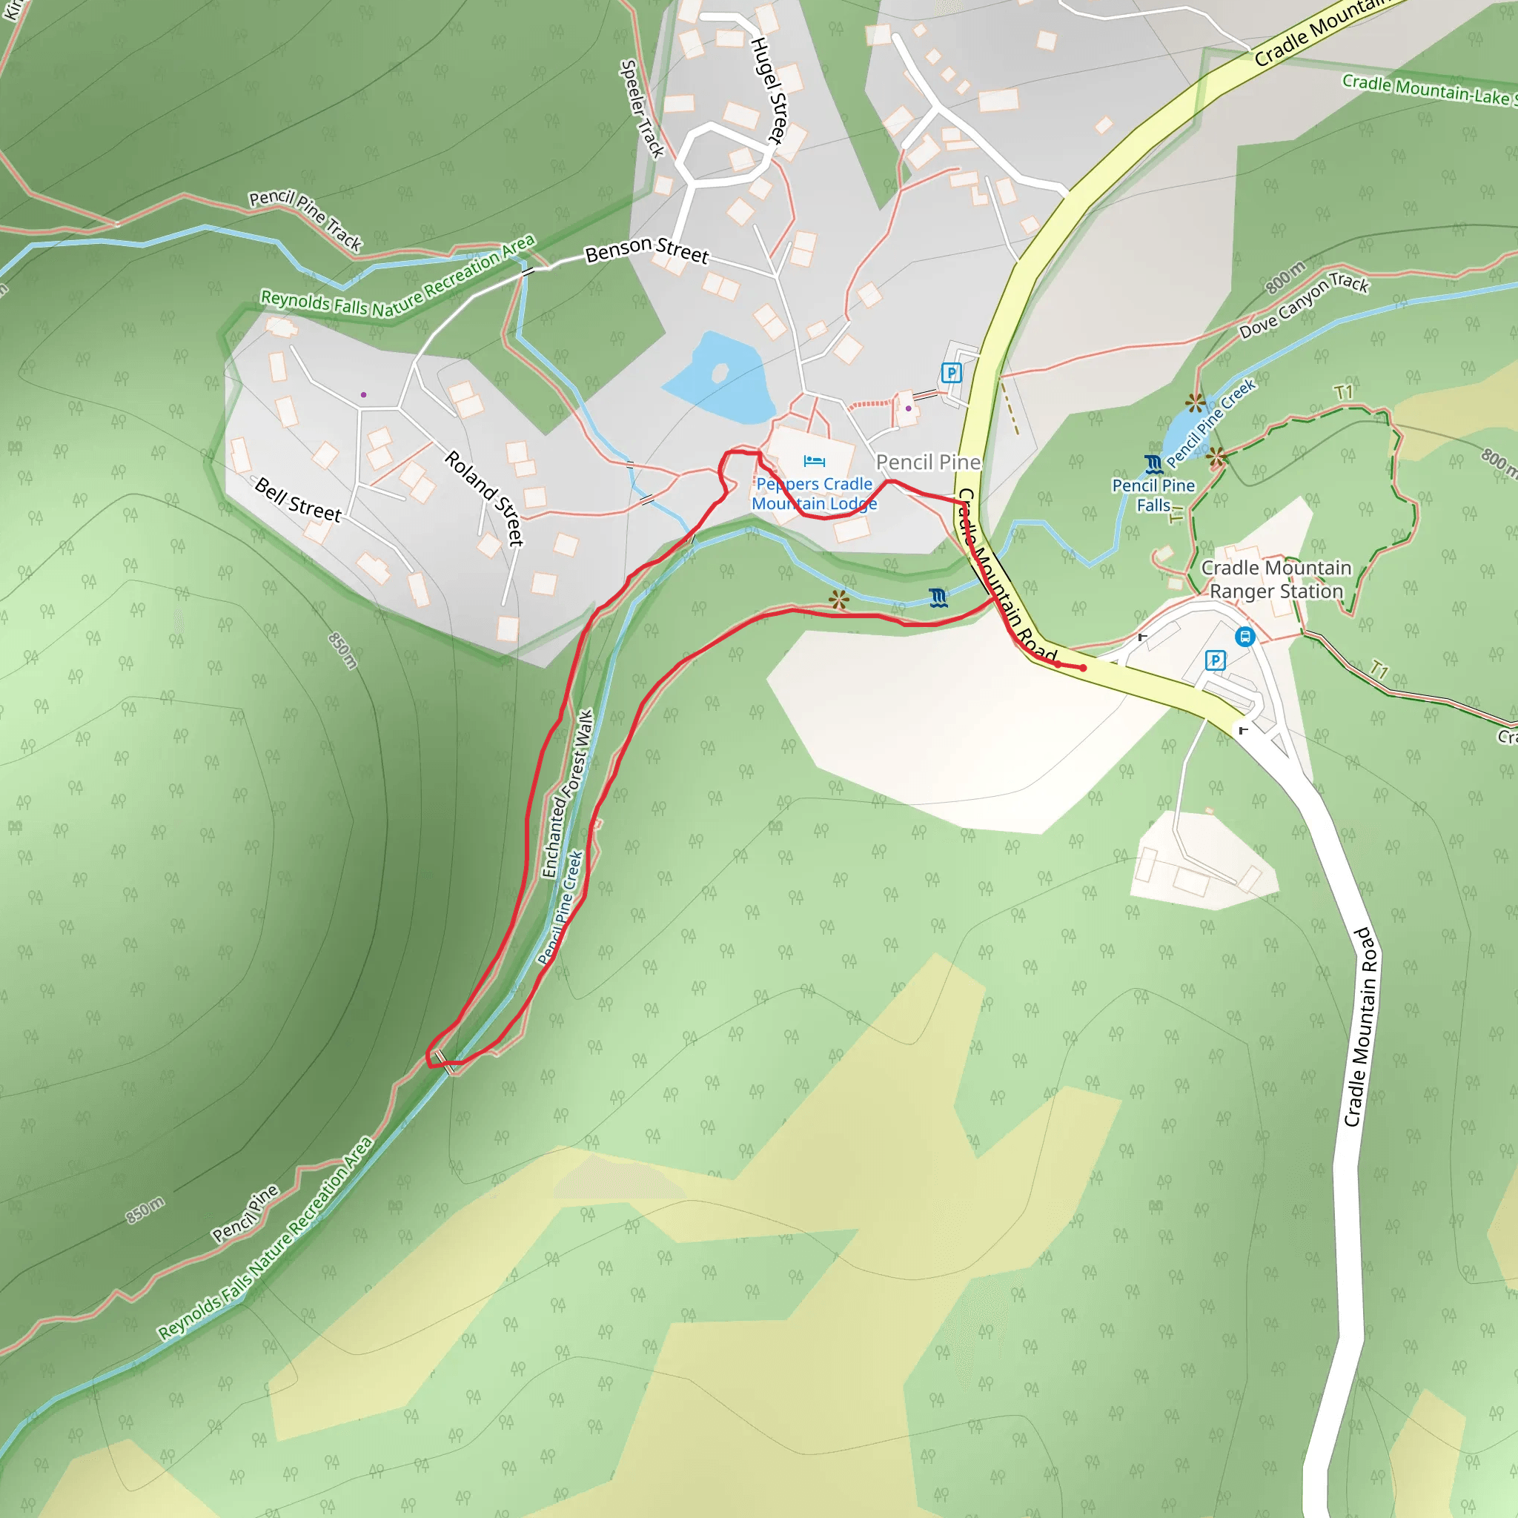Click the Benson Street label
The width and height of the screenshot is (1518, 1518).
click(x=646, y=250)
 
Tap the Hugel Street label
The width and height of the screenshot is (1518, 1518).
click(x=768, y=91)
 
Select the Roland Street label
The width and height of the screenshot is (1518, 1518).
click(x=485, y=497)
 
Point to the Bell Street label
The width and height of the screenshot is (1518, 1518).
click(x=299, y=500)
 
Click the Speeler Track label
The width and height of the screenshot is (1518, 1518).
click(x=642, y=109)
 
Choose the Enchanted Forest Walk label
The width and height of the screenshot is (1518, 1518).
click(x=566, y=794)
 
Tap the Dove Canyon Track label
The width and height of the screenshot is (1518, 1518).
click(x=1304, y=305)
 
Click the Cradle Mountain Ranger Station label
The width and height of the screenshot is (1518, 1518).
click(x=1276, y=579)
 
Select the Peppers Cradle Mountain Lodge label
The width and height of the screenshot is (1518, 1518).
click(x=814, y=494)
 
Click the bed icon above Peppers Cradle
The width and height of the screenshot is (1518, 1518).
click(x=814, y=461)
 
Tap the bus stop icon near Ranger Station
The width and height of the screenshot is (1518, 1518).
click(x=1244, y=637)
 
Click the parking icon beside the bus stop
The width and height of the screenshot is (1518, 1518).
click(x=1215, y=660)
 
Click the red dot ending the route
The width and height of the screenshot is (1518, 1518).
click(x=1083, y=668)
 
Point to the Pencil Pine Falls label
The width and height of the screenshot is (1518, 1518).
click(x=1153, y=495)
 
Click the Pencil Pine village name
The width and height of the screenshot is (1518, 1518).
click(x=928, y=462)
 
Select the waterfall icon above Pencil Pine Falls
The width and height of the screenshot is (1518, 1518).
click(x=1153, y=463)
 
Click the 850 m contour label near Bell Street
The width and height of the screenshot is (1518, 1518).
click(x=342, y=651)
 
